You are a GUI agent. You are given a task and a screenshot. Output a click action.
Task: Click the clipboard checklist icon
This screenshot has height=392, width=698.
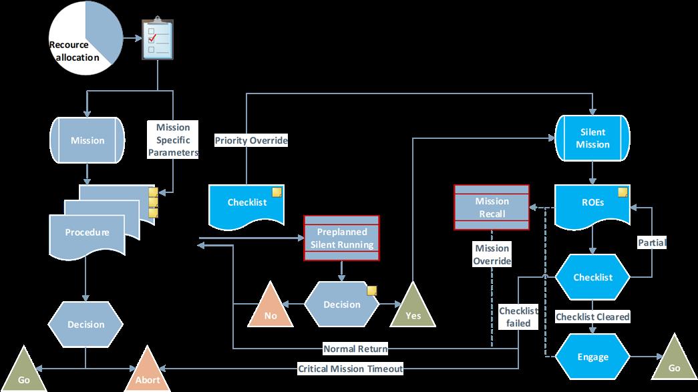(157, 39)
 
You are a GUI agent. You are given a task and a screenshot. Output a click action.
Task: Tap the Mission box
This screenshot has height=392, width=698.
(88, 140)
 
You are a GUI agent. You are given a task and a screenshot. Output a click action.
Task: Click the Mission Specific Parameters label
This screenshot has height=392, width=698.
(173, 140)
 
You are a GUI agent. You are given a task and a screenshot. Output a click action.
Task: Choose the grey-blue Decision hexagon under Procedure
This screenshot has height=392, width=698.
(85, 325)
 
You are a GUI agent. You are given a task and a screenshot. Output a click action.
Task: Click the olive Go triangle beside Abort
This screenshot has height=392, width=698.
(23, 373)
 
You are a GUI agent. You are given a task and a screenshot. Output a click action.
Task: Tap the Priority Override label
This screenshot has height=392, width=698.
(251, 140)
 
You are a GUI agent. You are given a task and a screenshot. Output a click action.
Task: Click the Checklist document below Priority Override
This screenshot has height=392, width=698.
(247, 202)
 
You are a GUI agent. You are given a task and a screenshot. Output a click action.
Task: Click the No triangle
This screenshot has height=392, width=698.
(271, 309)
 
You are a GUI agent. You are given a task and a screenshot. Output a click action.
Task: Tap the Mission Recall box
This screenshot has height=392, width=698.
(492, 208)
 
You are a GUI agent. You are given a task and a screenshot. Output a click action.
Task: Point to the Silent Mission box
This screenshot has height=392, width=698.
(593, 138)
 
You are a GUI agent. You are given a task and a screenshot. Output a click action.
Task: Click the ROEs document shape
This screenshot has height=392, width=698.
(592, 204)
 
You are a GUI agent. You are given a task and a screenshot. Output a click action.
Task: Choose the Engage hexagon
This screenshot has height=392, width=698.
(593, 357)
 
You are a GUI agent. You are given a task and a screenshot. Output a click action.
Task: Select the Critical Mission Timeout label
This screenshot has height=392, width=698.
(350, 369)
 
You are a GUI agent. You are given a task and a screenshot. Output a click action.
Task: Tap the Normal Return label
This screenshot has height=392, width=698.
(355, 349)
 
